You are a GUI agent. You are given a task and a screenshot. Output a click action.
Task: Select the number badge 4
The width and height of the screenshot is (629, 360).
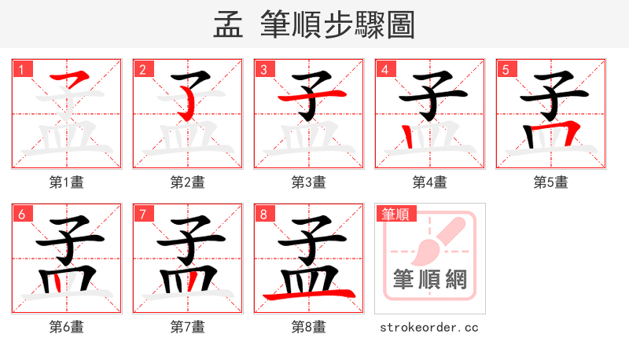tap(384, 70)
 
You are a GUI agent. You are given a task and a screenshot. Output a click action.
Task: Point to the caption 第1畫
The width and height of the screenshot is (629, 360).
tap(67, 182)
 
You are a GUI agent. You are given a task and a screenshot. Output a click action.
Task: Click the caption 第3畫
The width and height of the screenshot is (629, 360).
tap(309, 182)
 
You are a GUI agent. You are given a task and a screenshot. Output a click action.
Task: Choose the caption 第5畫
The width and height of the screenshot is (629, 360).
tap(551, 182)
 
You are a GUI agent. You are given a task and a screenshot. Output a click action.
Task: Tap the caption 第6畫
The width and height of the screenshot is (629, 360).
tap(67, 327)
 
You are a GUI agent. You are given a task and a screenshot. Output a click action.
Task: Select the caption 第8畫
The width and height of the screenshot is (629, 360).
tap(309, 327)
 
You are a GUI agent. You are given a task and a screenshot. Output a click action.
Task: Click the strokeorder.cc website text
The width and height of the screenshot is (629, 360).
tap(429, 327)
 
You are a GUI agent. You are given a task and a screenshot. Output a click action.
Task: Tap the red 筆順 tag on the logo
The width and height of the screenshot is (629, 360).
tap(395, 214)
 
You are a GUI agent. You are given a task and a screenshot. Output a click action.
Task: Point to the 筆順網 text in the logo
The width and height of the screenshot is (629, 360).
tap(430, 279)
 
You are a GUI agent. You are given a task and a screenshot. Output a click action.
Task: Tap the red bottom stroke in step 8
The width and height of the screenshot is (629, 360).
tap(309, 295)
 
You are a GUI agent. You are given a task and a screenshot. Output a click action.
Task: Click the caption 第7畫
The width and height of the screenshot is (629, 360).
tap(188, 327)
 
